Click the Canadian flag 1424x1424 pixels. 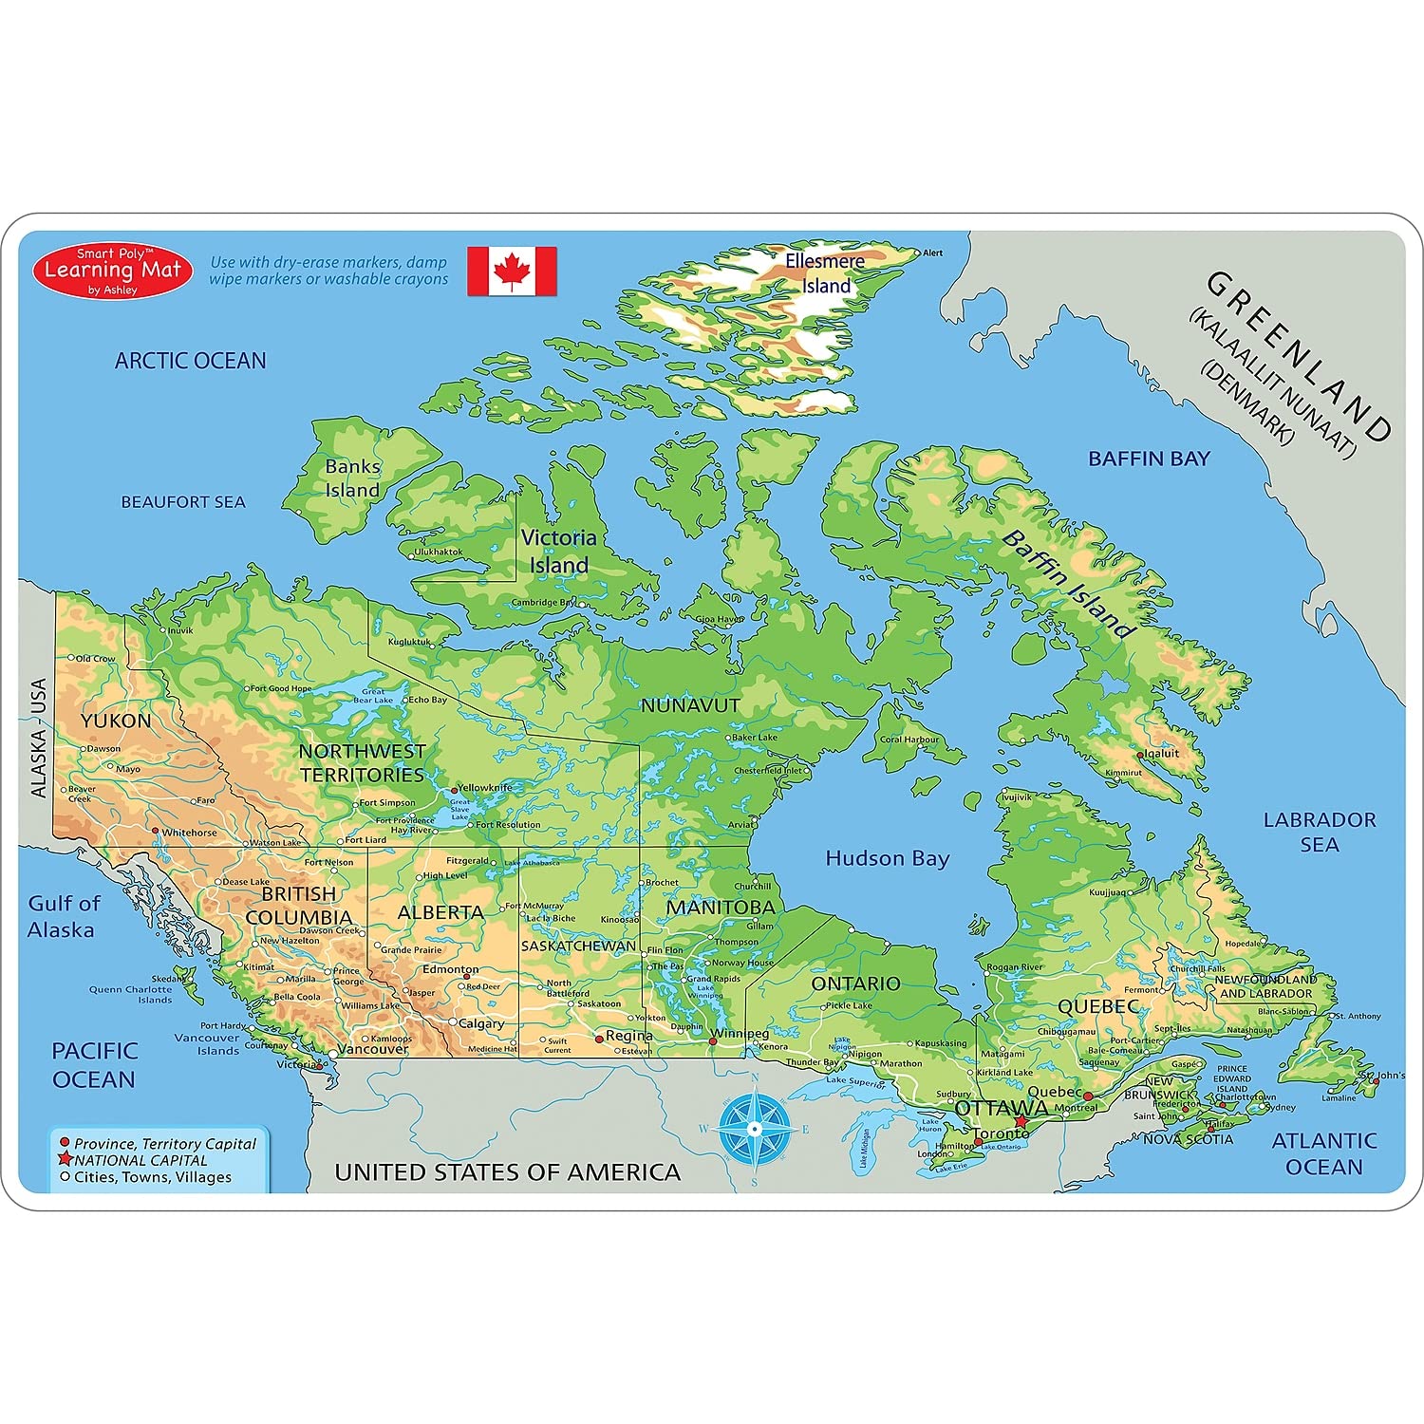512,272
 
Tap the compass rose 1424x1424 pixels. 754,1128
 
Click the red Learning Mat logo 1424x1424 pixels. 113,271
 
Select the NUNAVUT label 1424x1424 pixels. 690,705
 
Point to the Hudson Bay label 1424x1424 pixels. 887,858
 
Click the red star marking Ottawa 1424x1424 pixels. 1021,1121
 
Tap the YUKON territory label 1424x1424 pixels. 116,721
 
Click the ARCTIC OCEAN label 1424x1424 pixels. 190,361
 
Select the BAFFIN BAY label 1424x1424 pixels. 1149,459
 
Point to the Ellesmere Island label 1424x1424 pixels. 825,273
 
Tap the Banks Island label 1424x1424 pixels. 352,478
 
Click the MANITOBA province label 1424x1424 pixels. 721,908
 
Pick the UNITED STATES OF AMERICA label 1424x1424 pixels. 508,1172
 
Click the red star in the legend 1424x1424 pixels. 66,1159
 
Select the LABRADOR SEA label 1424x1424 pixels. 1319,832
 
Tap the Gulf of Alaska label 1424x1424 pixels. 63,916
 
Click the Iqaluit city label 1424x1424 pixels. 1161,753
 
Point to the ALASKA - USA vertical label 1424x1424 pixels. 38,738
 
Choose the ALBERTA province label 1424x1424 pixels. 440,912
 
